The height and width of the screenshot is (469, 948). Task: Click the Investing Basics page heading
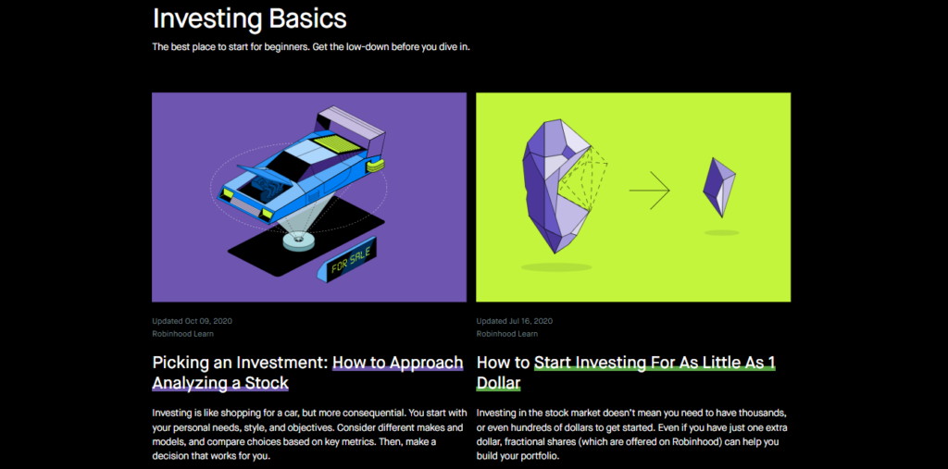point(250,19)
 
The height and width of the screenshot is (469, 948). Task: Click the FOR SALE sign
point(351,261)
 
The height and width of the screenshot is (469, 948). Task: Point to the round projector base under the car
point(298,242)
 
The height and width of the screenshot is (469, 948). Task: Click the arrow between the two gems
point(649,191)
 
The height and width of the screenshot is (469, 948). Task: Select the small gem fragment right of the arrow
point(718,188)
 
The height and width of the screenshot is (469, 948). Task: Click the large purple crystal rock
point(555,185)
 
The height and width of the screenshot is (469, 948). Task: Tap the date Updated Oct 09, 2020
point(193,321)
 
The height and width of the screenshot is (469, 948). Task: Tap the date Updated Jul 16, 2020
point(515,321)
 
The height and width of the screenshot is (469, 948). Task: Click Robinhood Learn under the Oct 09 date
point(182,334)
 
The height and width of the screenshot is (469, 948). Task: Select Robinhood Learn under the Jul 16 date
point(506,334)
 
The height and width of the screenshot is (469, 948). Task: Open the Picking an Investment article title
point(307,373)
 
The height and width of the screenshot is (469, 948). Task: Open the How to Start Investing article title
point(627,373)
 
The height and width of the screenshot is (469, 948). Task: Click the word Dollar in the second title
point(498,383)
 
